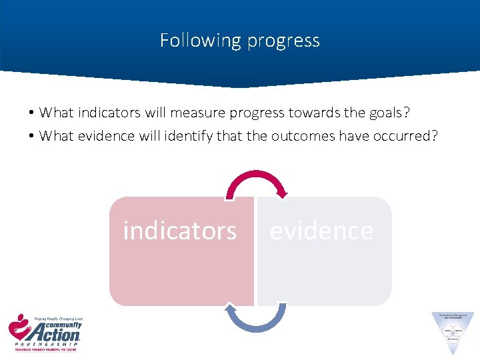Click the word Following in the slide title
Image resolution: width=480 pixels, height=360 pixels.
200,41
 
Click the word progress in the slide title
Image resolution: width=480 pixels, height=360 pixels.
283,41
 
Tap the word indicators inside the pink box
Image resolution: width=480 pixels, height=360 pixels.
179,231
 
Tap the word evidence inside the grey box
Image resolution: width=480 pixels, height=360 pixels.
321,231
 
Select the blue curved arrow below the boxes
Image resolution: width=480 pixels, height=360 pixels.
255,320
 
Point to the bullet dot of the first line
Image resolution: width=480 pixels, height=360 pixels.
31,113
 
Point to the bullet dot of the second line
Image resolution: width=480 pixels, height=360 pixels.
31,137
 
